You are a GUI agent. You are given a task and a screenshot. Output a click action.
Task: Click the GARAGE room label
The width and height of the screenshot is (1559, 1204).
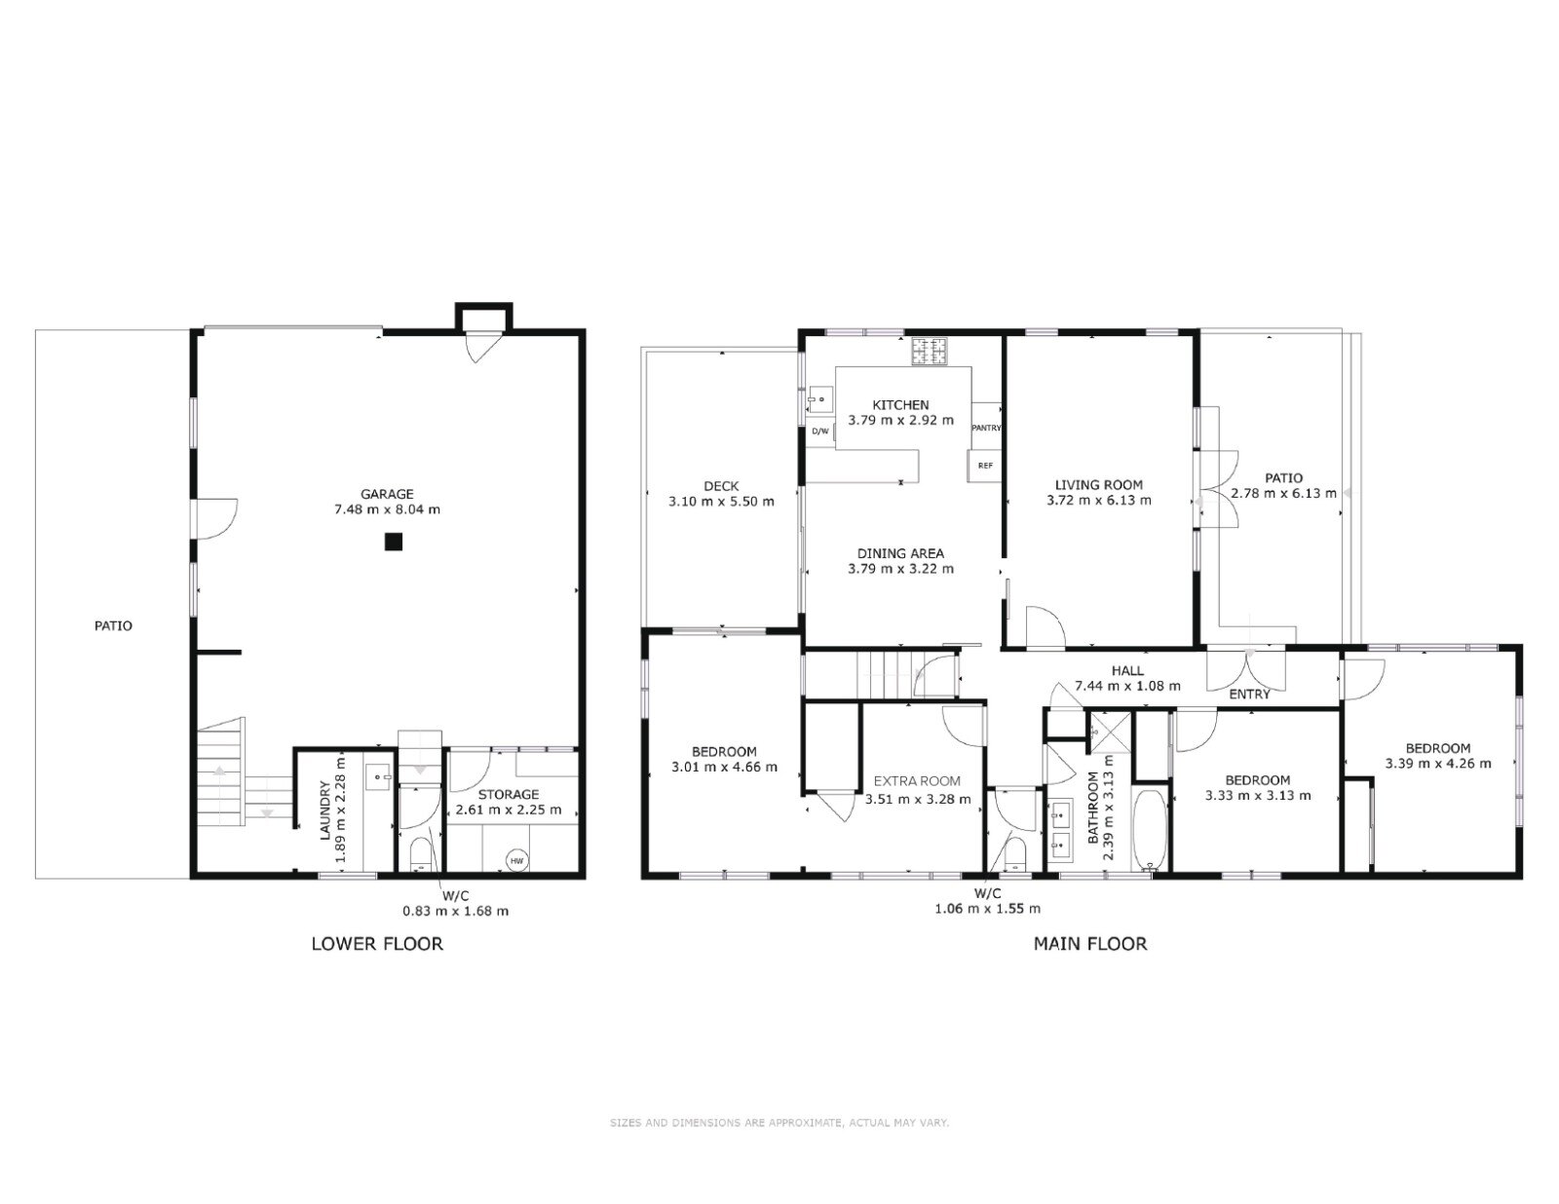coord(387,494)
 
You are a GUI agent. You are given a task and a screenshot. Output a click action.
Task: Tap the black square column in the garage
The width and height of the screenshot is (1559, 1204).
coord(393,542)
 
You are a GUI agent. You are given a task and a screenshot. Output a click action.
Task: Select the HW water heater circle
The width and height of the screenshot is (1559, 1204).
coord(516,860)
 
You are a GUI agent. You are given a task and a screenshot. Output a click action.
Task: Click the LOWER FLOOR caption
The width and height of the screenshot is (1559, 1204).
coord(377,944)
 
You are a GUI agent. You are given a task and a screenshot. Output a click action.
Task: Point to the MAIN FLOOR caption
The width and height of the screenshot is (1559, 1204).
coord(1089,944)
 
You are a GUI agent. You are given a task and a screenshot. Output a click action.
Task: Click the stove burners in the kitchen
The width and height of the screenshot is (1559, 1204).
coord(930,352)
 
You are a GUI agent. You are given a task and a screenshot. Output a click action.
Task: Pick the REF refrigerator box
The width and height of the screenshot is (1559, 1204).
coord(985,466)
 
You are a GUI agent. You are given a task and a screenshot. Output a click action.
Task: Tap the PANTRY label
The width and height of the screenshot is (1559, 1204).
coord(986,428)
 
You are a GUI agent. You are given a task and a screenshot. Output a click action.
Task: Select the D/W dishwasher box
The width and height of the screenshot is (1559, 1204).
coord(820,432)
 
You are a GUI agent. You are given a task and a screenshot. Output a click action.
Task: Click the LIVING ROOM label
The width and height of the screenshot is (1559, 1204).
coord(1098,485)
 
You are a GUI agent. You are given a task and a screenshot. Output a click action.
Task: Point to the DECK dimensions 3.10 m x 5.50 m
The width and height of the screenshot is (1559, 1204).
coord(721,502)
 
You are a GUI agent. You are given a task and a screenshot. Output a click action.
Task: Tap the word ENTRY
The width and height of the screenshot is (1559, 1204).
coord(1249,695)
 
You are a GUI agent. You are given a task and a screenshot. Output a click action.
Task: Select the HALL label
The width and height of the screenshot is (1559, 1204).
coord(1127,671)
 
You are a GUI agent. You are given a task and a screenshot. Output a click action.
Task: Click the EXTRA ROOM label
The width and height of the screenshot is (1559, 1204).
coord(917,781)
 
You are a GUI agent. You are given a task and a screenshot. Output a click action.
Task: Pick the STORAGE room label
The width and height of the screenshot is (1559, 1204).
coord(509,795)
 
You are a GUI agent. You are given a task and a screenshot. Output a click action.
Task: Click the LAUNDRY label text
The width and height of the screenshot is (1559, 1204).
coord(324,810)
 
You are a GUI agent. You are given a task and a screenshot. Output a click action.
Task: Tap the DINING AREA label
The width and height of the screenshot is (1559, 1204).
coord(900,553)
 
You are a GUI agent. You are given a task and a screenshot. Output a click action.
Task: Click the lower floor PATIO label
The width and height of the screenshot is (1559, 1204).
coord(113,626)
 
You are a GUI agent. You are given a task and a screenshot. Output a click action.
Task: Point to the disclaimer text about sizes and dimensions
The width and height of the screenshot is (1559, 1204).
coord(779,1123)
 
